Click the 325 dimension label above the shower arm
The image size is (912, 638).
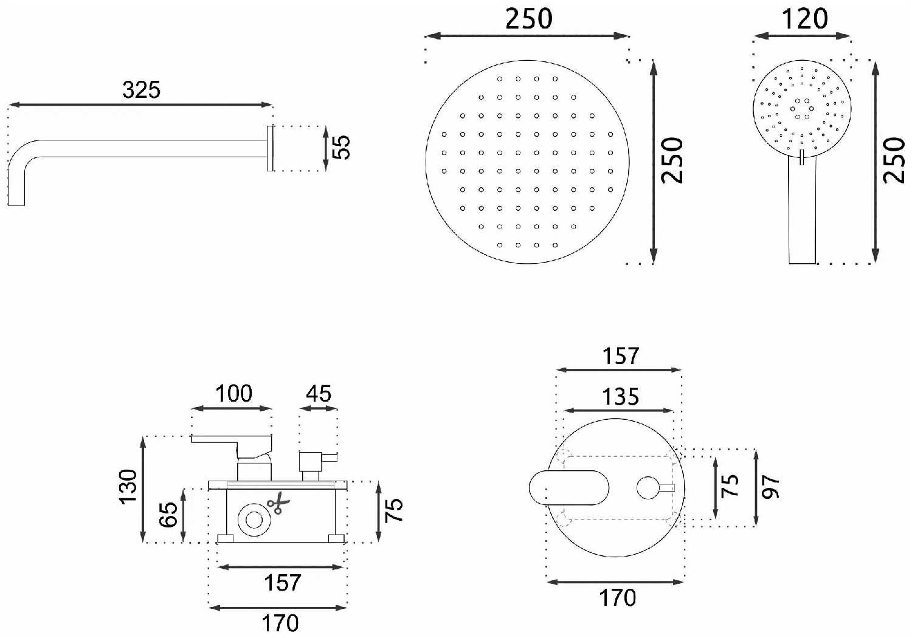coord(141,90)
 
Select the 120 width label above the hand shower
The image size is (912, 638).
coord(804,19)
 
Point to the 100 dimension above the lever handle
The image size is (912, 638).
coord(233,394)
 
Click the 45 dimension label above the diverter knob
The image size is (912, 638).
coord(319,394)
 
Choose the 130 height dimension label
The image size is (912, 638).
coord(129,487)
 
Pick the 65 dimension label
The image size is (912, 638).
coord(168,515)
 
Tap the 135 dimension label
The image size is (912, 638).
coord(621,397)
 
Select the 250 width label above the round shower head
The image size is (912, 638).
coord(528,19)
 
